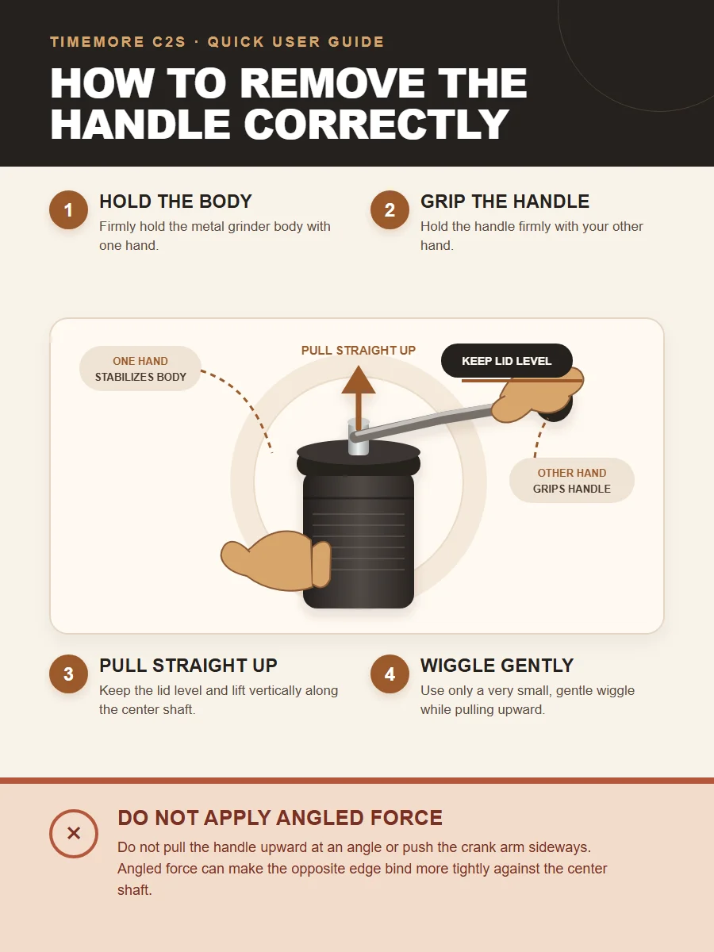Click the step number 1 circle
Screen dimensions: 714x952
tap(68, 210)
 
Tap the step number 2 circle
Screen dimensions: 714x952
tap(390, 210)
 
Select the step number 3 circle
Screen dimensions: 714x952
tap(68, 674)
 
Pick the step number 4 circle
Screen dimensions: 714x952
tap(390, 674)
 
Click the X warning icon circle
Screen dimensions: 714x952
tap(74, 833)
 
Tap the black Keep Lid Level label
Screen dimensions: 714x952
tap(506, 360)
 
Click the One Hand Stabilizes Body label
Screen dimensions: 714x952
tap(140, 368)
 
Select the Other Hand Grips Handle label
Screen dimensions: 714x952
tap(572, 481)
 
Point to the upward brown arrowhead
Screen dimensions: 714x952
tap(358, 379)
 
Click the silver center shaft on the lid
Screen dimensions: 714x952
tap(359, 437)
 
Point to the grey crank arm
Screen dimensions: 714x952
tap(423, 420)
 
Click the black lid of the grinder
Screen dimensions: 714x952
tap(359, 459)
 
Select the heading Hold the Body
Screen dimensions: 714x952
tap(175, 202)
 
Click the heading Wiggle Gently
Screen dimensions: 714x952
tap(497, 666)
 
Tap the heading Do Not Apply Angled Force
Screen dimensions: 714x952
tap(280, 818)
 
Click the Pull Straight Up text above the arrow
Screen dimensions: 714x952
tap(359, 350)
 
